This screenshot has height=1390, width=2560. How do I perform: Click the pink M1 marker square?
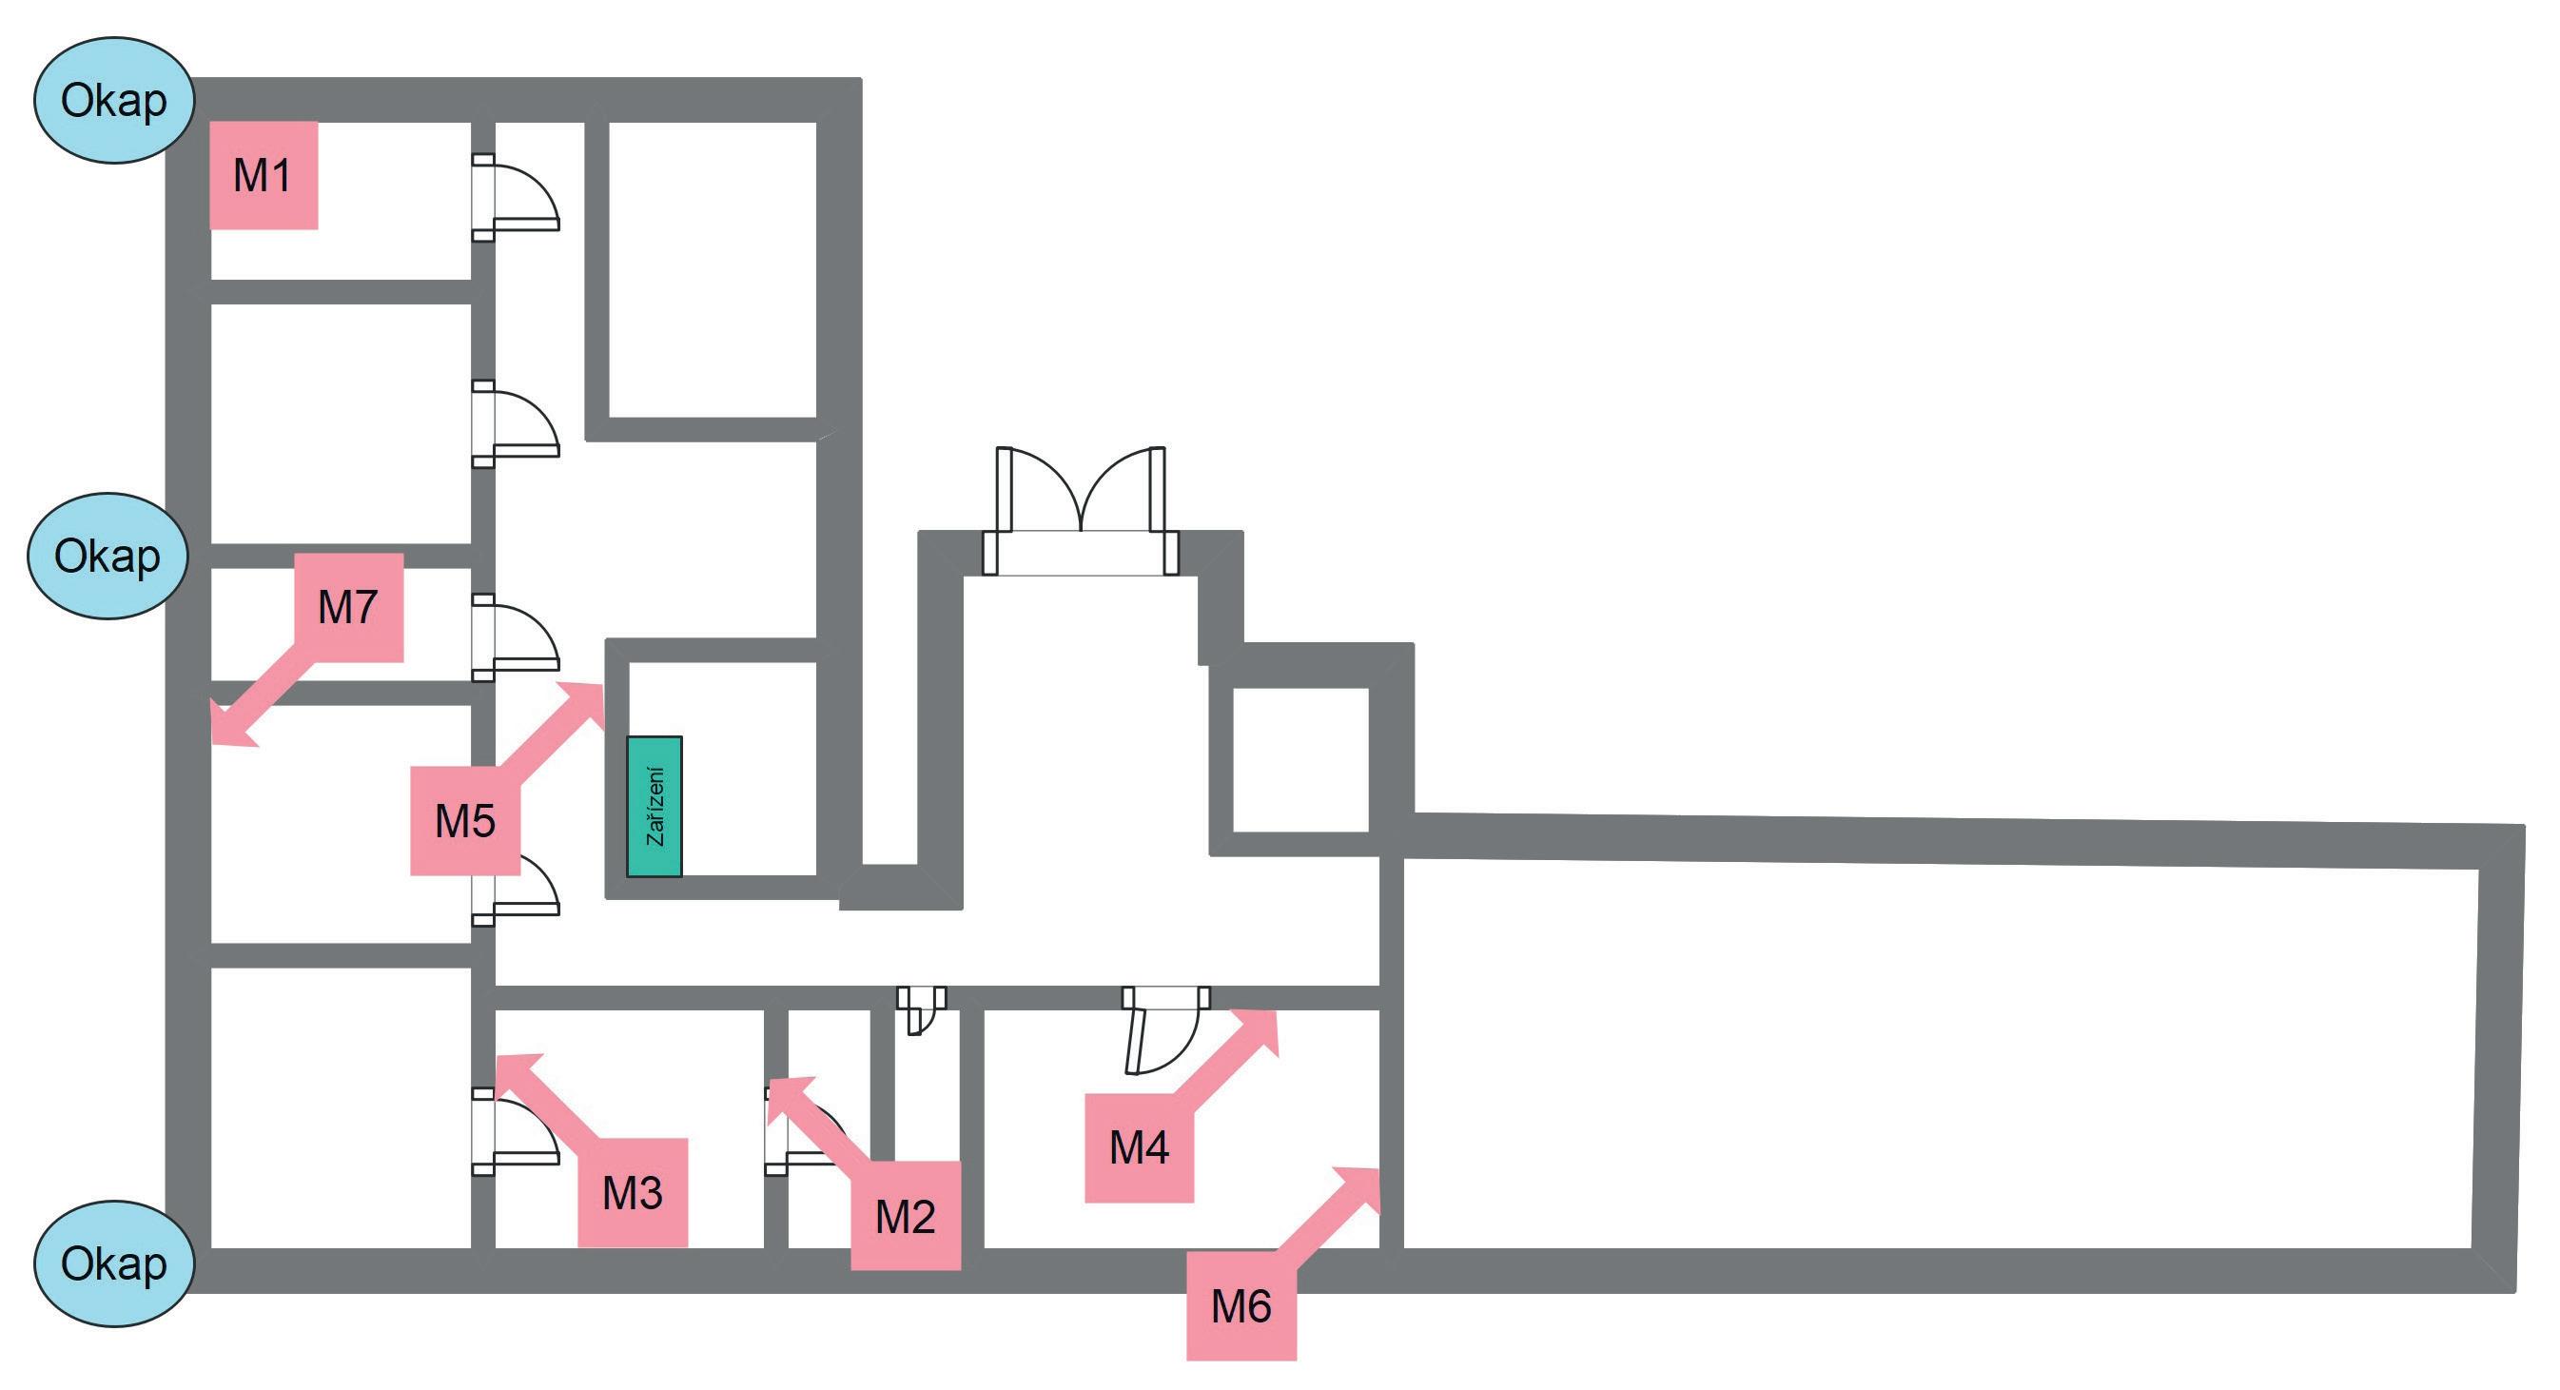[264, 176]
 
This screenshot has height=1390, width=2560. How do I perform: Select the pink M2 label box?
[906, 1215]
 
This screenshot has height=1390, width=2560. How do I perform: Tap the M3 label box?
[633, 1192]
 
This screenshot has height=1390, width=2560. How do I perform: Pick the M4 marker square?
[1139, 1147]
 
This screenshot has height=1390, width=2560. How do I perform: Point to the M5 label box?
[465, 821]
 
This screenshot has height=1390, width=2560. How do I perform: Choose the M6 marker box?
[1241, 1305]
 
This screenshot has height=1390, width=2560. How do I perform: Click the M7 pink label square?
[349, 607]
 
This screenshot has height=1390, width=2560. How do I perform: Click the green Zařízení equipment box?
[654, 807]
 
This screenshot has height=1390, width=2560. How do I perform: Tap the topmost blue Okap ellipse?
[114, 100]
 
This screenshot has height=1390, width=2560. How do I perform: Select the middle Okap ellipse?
[107, 557]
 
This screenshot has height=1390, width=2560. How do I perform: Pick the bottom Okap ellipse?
[114, 1263]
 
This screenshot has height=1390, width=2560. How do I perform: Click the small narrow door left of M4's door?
[921, 1009]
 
